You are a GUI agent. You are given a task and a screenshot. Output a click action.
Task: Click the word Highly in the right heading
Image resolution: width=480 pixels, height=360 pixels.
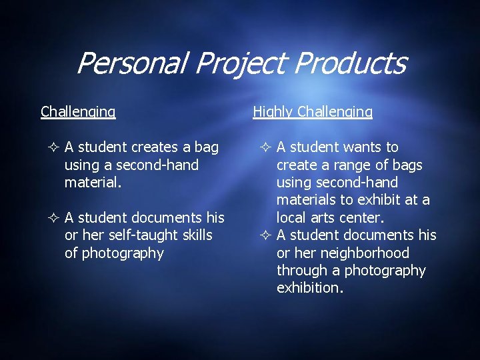point(273,112)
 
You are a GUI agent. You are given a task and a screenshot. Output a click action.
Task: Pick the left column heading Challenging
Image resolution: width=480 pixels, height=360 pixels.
point(78,112)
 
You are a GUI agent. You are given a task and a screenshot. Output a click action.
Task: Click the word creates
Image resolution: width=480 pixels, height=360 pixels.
point(155,147)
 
